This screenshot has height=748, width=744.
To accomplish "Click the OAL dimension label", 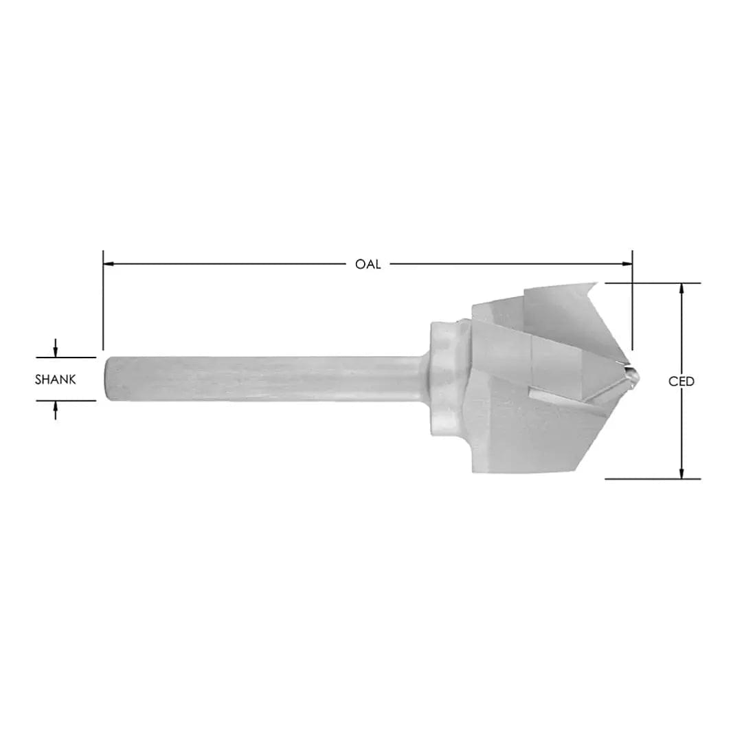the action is click(368, 264).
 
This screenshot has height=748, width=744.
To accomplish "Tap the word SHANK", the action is click(55, 379).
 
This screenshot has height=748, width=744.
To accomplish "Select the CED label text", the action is click(681, 382).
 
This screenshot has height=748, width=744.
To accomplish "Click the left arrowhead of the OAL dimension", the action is click(109, 263).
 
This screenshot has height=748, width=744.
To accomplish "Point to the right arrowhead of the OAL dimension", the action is click(627, 263).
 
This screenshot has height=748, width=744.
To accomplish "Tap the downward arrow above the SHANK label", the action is click(55, 349).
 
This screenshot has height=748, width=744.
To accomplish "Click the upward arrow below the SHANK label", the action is click(55, 410).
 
